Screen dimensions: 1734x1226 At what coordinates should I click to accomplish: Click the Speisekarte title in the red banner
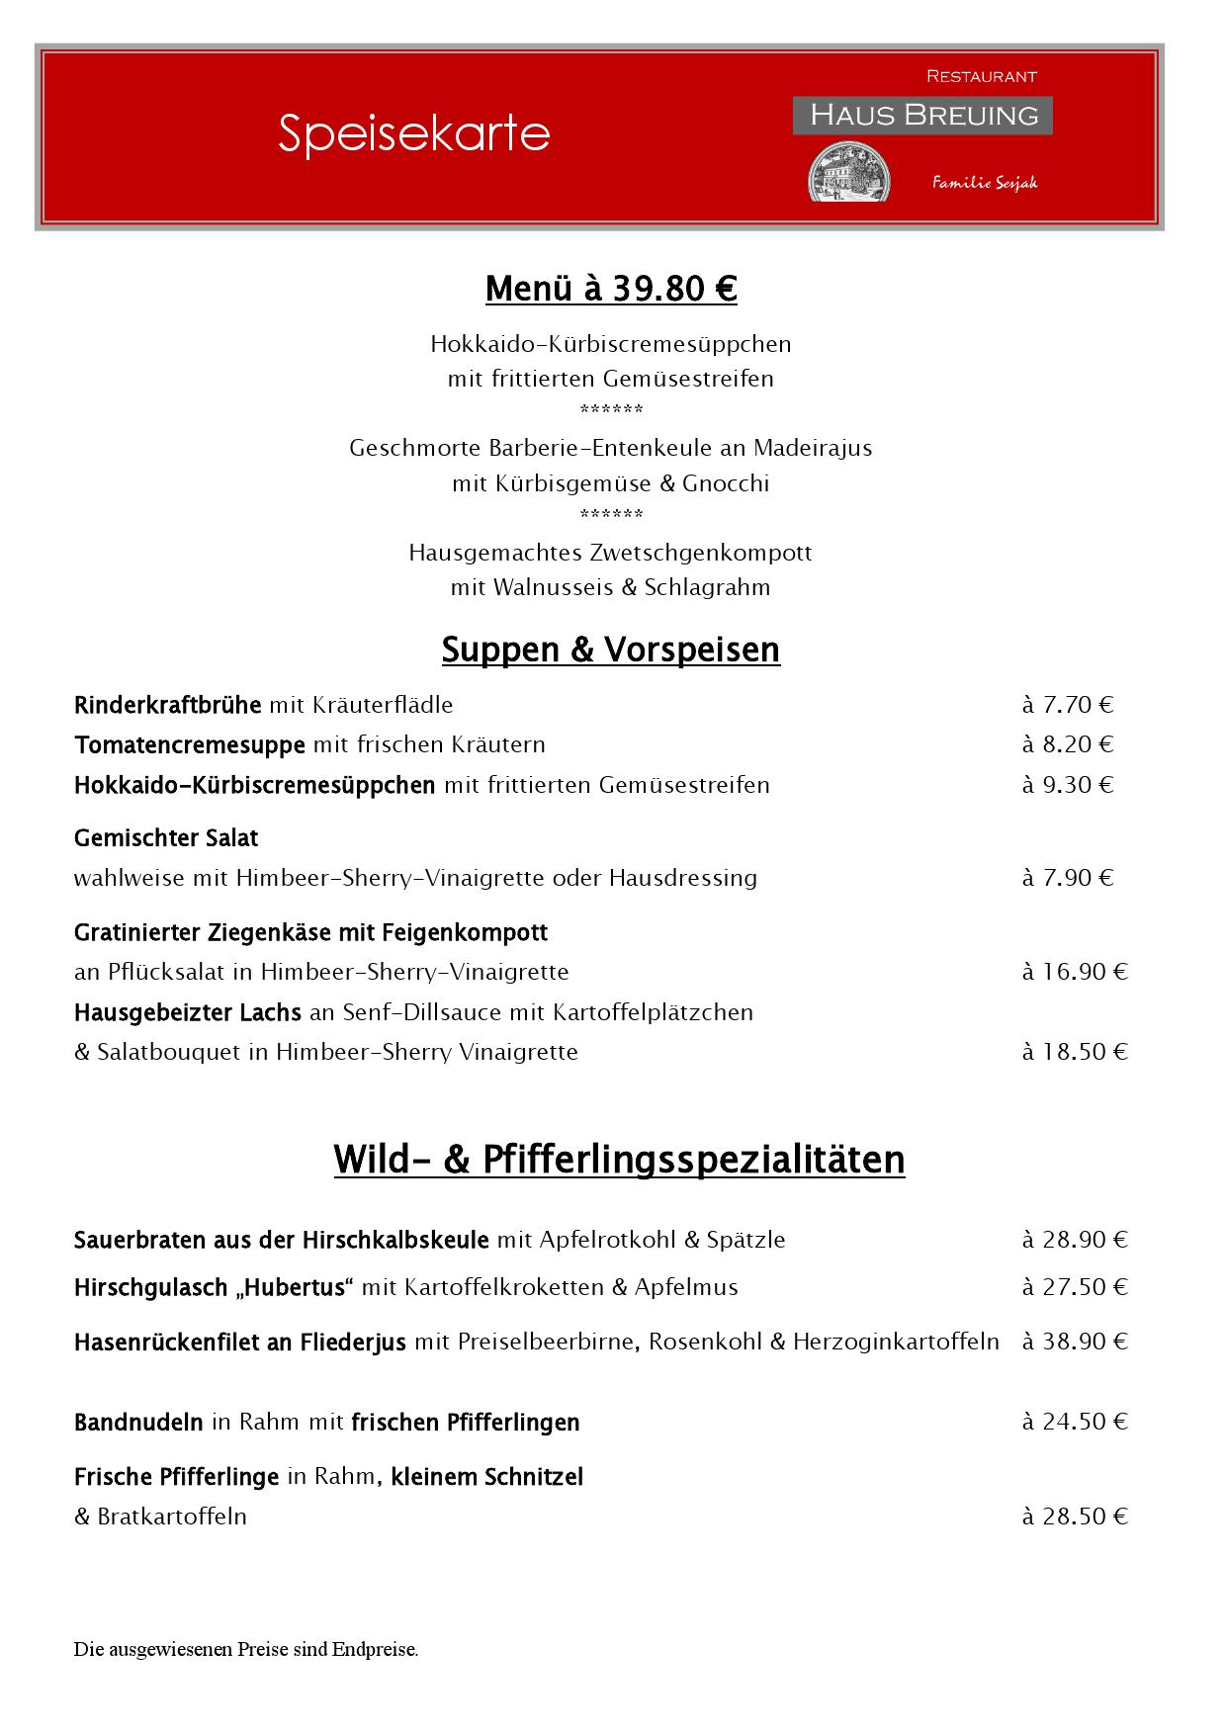413,133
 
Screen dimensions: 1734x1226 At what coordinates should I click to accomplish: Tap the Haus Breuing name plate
922,115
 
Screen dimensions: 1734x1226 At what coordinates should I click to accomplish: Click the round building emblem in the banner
849,173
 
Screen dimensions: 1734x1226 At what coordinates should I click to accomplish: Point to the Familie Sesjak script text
984,182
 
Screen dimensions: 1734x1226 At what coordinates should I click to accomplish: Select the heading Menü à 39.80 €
611,289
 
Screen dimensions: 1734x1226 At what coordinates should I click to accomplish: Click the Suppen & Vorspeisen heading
611,650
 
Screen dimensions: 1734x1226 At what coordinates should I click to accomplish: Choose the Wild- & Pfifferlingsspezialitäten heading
619,1159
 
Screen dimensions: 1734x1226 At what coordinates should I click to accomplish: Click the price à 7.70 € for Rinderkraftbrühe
1068,705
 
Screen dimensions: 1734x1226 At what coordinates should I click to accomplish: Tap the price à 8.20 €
1068,744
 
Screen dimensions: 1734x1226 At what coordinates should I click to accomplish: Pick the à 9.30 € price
1068,785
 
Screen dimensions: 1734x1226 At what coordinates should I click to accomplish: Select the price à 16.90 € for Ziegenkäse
1075,972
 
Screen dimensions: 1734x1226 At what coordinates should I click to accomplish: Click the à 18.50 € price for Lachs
1075,1052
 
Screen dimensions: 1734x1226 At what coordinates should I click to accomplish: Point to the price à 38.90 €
1075,1342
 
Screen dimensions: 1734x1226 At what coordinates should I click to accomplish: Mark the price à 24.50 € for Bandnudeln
1075,1422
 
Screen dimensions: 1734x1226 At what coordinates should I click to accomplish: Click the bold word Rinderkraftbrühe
167,705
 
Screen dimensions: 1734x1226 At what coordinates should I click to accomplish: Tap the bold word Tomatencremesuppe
189,744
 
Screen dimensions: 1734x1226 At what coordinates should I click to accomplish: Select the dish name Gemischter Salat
166,838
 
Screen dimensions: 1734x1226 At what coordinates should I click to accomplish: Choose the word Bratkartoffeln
172,1517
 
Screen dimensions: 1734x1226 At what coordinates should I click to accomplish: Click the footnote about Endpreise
246,1649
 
